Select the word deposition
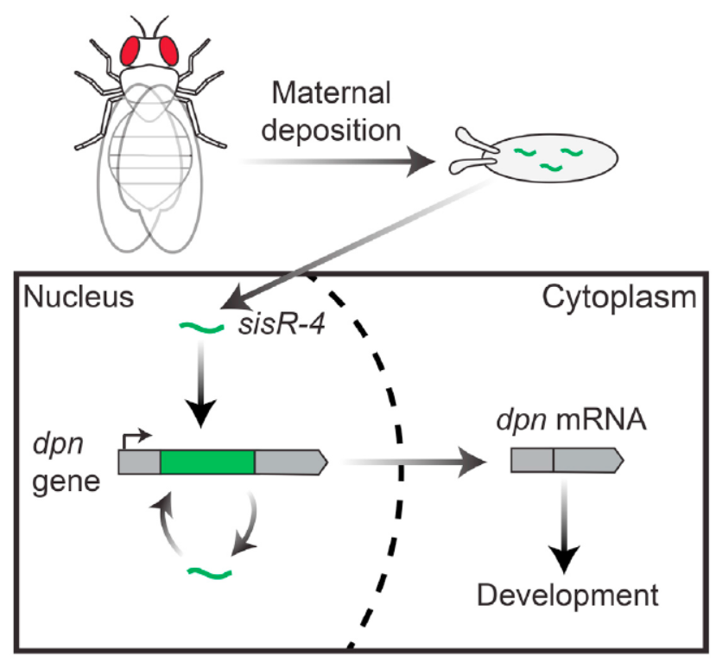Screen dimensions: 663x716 click(x=331, y=131)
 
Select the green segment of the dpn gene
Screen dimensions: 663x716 click(x=207, y=462)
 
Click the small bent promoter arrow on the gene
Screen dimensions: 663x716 click(x=135, y=437)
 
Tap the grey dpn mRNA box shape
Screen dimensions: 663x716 click(x=566, y=462)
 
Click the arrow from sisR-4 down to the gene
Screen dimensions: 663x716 click(x=203, y=385)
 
